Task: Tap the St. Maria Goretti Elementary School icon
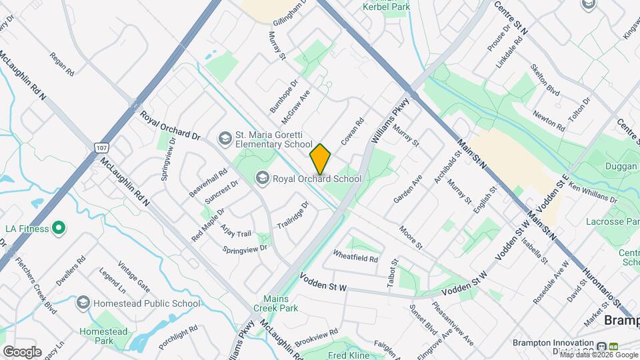225,138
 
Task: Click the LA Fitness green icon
59,229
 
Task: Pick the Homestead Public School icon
83,303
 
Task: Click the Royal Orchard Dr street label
170,125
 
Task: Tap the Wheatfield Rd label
355,255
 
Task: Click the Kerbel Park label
385,7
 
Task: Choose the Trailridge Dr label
293,215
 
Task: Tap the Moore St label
411,238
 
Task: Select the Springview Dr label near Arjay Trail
245,248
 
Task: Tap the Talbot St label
393,276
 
